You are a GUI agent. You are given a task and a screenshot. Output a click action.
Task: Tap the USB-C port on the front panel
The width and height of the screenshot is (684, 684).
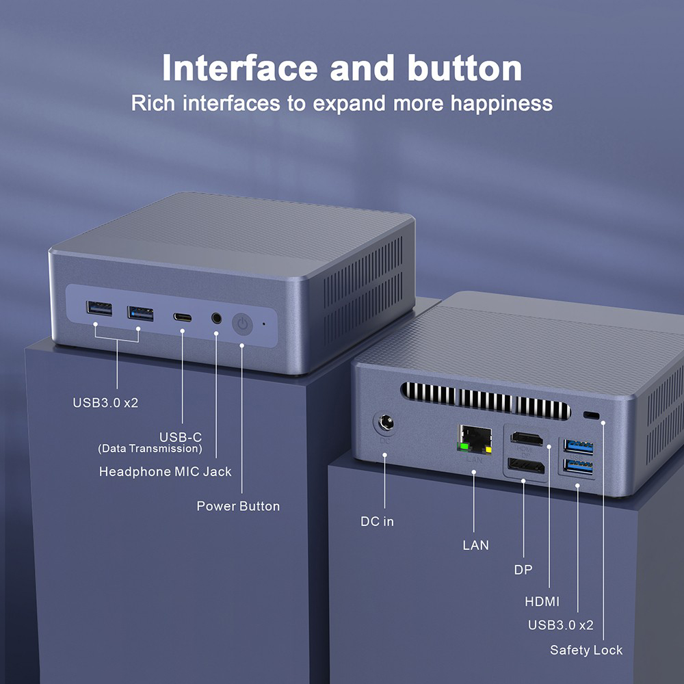pos(183,317)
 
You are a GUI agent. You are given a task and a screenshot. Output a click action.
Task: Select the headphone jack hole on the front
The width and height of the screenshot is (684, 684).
pos(217,318)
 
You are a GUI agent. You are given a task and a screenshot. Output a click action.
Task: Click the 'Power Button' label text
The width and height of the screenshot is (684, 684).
pos(238,506)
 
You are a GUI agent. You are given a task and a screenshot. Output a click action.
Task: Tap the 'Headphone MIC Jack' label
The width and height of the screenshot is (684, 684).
pos(165,472)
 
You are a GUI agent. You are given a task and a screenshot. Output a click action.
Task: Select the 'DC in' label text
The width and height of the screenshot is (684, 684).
pos(378,521)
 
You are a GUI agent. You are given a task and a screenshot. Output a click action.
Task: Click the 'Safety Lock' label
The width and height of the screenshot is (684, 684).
pos(586,650)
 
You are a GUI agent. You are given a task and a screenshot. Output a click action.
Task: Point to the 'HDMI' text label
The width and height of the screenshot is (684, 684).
pos(542,602)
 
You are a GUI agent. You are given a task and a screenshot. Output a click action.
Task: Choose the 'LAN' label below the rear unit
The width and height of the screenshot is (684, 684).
pos(476,545)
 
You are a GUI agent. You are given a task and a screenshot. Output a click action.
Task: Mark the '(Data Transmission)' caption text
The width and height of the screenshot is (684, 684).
pos(150,449)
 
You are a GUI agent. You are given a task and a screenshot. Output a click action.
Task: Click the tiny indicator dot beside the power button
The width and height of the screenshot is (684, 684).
pos(265,324)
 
